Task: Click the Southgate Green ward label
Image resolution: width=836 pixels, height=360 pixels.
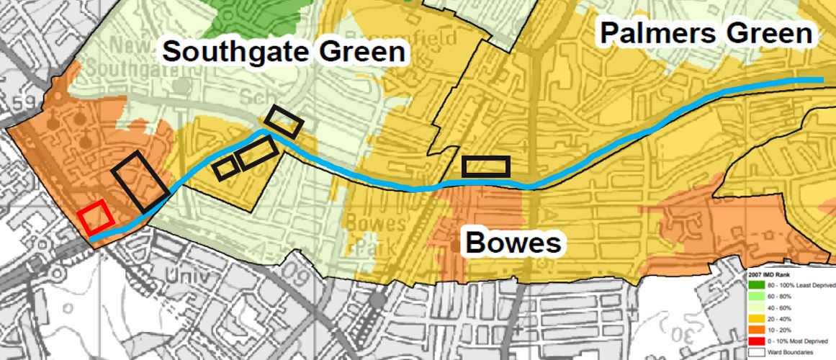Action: (283, 52)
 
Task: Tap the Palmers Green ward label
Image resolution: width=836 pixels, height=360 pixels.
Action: (706, 32)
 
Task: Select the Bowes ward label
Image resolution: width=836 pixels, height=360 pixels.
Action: (512, 243)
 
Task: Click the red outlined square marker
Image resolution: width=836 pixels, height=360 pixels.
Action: (95, 217)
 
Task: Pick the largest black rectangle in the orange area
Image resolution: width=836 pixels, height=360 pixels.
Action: (140, 181)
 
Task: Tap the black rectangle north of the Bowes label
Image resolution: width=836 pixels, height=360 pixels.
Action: (486, 166)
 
